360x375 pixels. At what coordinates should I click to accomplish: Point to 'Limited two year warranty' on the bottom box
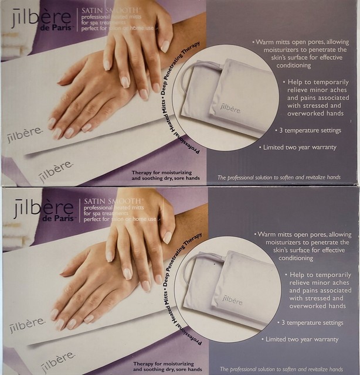point(300,339)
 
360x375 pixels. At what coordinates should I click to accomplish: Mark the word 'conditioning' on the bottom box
point(301,257)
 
